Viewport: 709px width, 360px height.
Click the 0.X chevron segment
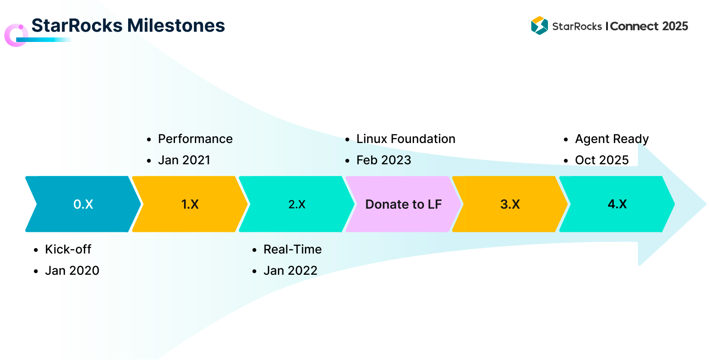click(x=83, y=204)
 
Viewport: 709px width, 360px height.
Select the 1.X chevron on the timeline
click(x=190, y=204)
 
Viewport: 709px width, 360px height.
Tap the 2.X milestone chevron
click(x=297, y=204)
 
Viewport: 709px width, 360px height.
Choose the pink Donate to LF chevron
click(x=404, y=204)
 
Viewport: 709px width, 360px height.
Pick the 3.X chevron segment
click(x=510, y=204)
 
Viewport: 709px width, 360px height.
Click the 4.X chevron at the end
click(x=617, y=204)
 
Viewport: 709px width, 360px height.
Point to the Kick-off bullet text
click(x=68, y=249)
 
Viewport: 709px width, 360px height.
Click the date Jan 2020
click(x=72, y=271)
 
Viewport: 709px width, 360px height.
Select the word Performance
click(x=195, y=139)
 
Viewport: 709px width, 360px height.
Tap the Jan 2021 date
click(x=184, y=160)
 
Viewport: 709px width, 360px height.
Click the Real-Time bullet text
click(x=292, y=249)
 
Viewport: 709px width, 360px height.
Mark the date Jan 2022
click(x=290, y=271)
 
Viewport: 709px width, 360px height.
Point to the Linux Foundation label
click(x=406, y=139)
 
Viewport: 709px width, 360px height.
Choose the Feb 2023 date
click(x=384, y=160)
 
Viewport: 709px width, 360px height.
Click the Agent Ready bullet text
click(x=612, y=139)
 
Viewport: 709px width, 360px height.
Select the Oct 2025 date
click(x=602, y=160)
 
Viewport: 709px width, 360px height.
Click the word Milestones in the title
click(x=176, y=25)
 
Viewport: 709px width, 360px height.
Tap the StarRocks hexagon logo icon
click(x=539, y=26)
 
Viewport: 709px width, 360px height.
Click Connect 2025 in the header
click(x=649, y=26)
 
